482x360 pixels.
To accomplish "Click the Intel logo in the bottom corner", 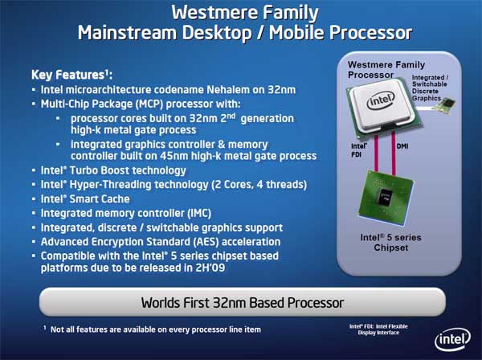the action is click(452, 339).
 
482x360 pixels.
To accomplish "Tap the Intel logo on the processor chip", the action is click(381, 100).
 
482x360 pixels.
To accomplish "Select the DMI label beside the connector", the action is click(402, 146).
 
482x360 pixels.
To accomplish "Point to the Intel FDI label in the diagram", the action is click(359, 150).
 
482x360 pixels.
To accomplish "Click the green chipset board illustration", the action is click(386, 197).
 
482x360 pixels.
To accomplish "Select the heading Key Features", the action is click(71, 75).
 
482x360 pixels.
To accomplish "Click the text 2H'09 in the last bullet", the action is click(210, 268).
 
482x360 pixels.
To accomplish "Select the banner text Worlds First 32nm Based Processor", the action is click(243, 303).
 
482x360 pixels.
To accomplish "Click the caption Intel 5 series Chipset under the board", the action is click(390, 243).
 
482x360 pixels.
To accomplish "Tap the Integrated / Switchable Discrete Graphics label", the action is click(430, 88).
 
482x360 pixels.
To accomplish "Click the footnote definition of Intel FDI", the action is click(378, 329).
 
